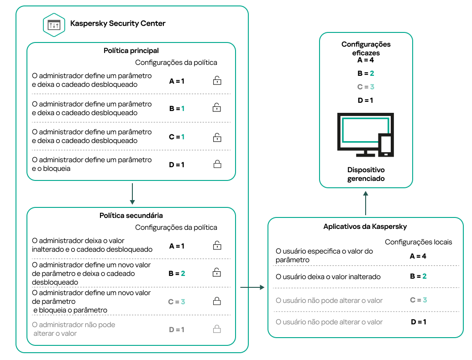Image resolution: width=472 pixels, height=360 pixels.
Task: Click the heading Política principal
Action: pos(131,51)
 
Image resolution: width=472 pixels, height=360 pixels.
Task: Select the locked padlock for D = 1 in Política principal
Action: pos(217,164)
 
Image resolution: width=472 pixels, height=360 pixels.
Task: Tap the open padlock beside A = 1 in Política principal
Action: pos(217,81)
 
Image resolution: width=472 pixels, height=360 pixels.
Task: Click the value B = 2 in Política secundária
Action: pos(177,274)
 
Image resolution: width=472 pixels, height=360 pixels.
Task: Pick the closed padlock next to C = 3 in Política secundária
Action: pos(217,302)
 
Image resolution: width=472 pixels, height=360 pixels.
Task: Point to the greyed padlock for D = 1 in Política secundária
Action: pos(217,329)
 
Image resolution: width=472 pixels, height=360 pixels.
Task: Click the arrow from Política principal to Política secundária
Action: pos(132,194)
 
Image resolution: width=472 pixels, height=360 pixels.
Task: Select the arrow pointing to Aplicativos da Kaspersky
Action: pos(252,287)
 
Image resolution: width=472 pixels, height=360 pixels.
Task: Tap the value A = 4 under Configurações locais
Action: pos(418,256)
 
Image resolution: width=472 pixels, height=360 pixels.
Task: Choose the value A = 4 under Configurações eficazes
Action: pos(366,59)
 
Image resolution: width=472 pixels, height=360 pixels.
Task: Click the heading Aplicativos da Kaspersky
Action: pos(365,227)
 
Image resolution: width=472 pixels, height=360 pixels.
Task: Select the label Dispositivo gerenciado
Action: pos(366,174)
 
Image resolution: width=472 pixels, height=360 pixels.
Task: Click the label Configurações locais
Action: pos(418,242)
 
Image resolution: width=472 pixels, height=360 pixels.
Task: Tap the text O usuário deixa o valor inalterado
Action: pos(328,277)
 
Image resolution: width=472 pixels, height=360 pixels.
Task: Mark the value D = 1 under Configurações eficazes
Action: pos(366,100)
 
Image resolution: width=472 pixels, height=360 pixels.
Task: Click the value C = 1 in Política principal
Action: pos(177,137)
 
